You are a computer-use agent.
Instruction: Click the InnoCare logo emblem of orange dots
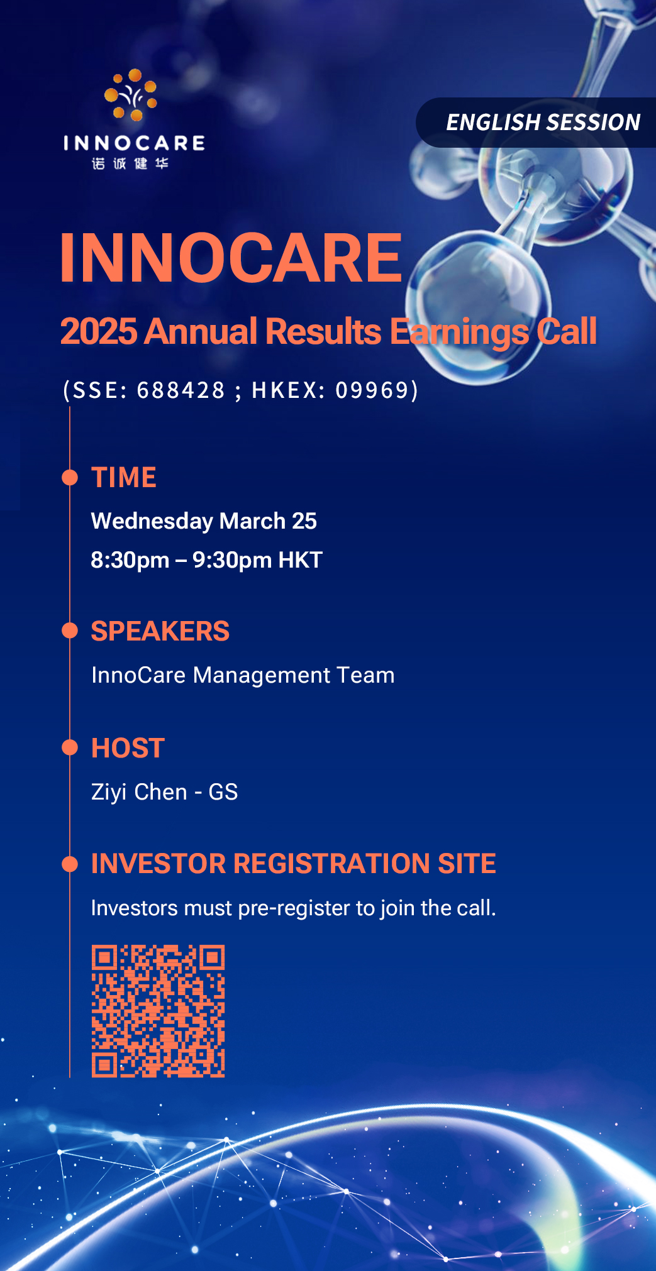tap(131, 95)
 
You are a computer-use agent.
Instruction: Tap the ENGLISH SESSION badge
tap(536, 123)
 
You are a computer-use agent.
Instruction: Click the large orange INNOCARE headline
tap(231, 258)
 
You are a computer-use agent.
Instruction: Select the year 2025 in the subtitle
tap(99, 331)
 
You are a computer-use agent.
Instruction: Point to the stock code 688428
tap(181, 390)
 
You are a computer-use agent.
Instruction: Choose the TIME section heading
tap(124, 477)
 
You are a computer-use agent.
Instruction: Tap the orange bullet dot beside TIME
tap(70, 477)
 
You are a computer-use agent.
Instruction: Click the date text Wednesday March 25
tap(204, 521)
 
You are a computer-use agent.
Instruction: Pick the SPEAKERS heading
tap(160, 631)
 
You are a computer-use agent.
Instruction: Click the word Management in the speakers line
tap(262, 676)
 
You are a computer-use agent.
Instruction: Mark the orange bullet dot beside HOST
tap(70, 747)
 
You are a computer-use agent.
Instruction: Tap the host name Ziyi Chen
tap(139, 793)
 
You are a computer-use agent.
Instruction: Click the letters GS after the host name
tap(223, 792)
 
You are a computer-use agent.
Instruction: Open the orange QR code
tap(158, 1011)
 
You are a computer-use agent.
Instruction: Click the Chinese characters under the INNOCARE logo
tap(130, 163)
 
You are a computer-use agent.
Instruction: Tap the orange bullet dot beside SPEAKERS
tap(70, 630)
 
